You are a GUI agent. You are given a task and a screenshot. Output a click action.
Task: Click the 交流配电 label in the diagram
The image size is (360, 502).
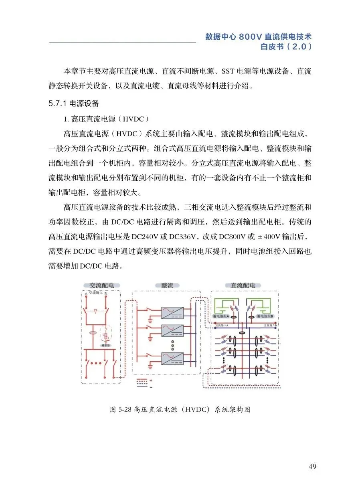tap(101, 285)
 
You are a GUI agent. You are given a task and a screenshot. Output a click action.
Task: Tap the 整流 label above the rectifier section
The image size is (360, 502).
tap(167, 285)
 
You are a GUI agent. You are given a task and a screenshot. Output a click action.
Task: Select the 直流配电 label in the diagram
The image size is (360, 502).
tap(243, 285)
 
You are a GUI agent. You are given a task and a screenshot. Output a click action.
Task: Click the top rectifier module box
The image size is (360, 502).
tap(172, 312)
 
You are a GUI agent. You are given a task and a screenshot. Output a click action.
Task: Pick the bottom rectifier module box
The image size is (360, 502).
tap(172, 358)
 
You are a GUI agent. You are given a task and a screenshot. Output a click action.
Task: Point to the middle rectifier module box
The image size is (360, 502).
tap(172, 330)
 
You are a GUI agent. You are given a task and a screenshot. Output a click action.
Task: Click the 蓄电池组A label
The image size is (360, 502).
tap(220, 317)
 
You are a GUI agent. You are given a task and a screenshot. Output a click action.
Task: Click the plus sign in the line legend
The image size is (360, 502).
tap(151, 380)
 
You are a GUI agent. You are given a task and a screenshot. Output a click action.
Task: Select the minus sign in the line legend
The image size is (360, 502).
tap(151, 387)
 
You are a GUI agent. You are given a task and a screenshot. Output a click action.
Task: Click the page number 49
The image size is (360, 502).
tap(313, 466)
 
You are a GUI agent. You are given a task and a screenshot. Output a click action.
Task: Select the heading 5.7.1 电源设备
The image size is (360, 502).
tap(73, 103)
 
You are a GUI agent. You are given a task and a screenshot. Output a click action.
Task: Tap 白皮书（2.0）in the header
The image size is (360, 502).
tap(286, 47)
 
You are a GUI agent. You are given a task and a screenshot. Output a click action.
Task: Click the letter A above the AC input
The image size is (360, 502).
tap(86, 294)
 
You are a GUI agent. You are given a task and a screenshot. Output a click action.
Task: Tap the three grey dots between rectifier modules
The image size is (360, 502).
tap(173, 344)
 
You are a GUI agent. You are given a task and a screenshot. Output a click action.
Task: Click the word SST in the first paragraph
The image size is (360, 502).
tap(228, 72)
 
